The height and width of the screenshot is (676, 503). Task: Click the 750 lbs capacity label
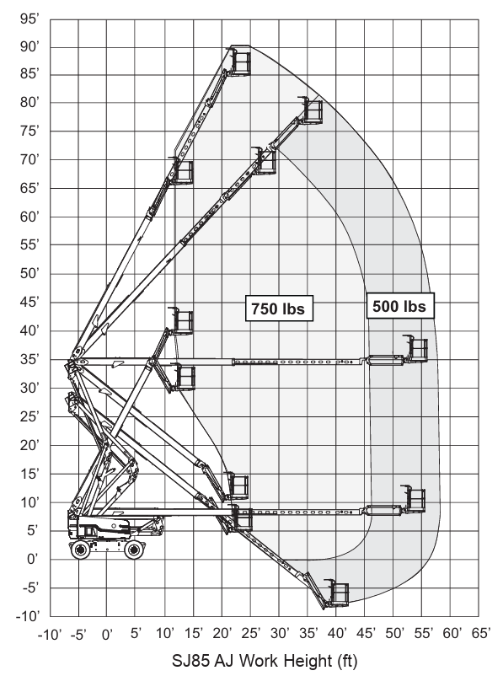[279, 308]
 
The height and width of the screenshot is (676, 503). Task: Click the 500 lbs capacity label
[400, 306]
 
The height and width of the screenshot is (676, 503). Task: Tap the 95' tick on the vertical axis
[29, 19]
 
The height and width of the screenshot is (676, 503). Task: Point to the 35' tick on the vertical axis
[29, 359]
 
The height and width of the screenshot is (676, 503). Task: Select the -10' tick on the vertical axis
[28, 615]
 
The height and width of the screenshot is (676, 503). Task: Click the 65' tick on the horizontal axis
[479, 633]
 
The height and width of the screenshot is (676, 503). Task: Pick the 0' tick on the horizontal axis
[107, 634]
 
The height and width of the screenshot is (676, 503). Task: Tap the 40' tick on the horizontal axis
[337, 633]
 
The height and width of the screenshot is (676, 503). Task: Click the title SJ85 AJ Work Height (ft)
[265, 660]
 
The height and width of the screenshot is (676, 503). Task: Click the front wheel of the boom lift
[134, 550]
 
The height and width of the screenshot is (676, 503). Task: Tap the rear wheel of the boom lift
[81, 550]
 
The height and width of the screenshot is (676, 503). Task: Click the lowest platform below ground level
[338, 593]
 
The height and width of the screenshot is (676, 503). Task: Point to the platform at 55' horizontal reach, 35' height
[417, 349]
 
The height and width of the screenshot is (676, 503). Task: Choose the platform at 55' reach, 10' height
[415, 499]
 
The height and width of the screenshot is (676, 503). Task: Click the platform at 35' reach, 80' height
[311, 110]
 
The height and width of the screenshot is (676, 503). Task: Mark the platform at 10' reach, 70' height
[182, 172]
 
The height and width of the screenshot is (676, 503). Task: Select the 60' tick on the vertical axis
[29, 217]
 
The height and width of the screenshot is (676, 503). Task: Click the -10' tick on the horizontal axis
[50, 634]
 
